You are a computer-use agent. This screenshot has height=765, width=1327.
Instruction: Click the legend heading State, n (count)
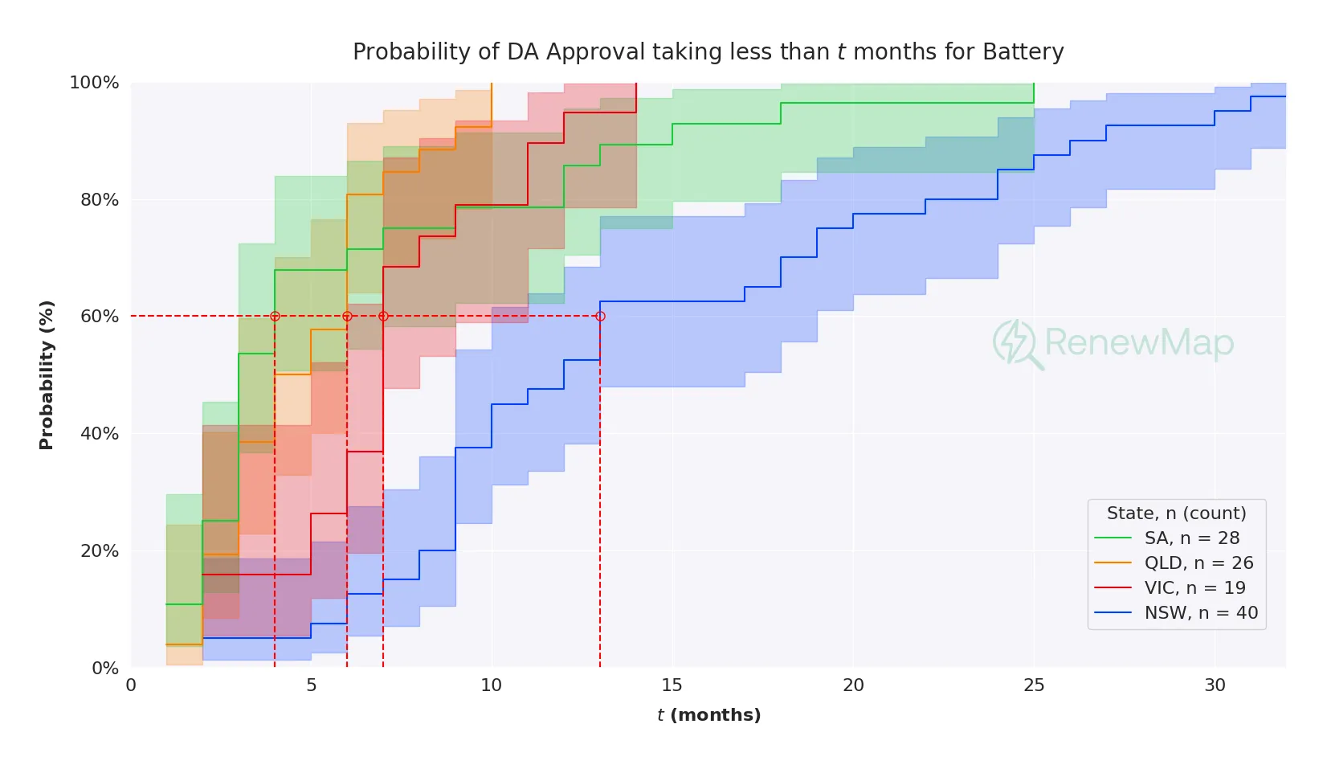coord(1176,513)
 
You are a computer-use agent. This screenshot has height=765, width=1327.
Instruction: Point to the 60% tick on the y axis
coord(100,317)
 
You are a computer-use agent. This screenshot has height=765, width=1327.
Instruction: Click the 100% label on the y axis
coord(95,83)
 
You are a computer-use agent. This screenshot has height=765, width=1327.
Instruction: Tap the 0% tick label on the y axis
coord(105,669)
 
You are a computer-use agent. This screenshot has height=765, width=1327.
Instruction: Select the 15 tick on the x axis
coord(672,685)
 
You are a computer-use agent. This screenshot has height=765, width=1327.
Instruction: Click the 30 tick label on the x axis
coord(1215,685)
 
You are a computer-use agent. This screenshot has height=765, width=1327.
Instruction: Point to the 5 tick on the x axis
coord(311,685)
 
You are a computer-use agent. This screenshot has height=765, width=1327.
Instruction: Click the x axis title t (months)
coord(708,715)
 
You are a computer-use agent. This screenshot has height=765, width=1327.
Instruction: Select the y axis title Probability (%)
coord(47,374)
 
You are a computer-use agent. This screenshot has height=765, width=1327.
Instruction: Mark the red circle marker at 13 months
coord(600,317)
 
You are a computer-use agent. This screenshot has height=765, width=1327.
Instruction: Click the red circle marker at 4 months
coord(275,317)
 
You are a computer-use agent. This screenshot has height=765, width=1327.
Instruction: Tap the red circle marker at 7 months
coord(383,317)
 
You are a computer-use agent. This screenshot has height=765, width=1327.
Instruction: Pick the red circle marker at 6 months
coord(347,317)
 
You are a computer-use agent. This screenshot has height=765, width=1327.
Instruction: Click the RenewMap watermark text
coord(1138,343)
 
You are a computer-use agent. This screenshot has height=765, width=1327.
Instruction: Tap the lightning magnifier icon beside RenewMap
coord(1016,344)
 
